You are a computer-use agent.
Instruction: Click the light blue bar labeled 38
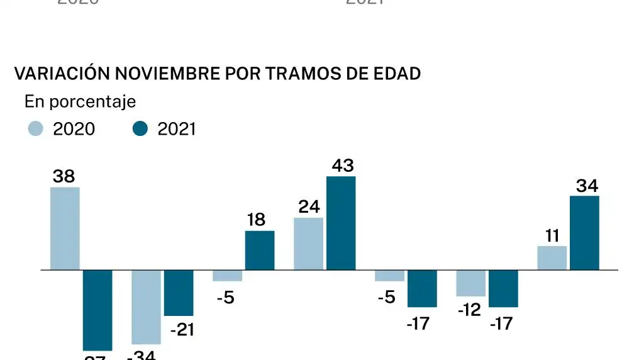65,228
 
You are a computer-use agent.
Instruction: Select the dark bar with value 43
341,223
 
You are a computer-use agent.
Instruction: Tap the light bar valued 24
309,244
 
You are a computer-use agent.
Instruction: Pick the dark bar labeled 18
260,250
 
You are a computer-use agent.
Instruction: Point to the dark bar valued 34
584,232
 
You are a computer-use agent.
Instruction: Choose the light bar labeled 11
552,257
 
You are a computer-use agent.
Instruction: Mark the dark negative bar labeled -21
179,293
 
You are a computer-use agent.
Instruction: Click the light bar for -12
471,283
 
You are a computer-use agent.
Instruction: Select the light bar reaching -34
146,307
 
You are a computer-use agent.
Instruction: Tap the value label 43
341,166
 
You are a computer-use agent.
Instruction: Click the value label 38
64,177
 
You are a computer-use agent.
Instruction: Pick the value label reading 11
552,236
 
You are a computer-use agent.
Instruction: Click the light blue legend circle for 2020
36,129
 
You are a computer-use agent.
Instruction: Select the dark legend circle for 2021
140,129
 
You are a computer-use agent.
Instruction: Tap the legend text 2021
177,129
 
